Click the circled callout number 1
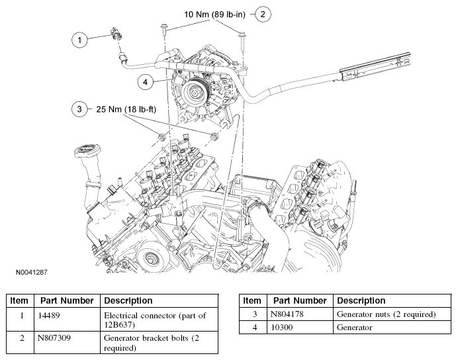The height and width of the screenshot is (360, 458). pyautogui.click(x=79, y=40)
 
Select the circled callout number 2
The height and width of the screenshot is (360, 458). pyautogui.click(x=263, y=14)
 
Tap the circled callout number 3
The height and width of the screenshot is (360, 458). pyautogui.click(x=79, y=109)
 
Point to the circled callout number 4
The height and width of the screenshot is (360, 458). pyautogui.click(x=146, y=82)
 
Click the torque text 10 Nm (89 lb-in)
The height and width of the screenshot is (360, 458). pyautogui.click(x=214, y=15)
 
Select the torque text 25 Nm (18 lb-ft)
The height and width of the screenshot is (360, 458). pyautogui.click(x=126, y=109)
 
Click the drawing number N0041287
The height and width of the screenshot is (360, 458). pyautogui.click(x=31, y=273)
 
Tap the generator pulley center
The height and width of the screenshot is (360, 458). pyautogui.click(x=194, y=93)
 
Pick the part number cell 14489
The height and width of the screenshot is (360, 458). pyautogui.click(x=49, y=316)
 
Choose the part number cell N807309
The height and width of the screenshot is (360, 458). pyautogui.click(x=54, y=338)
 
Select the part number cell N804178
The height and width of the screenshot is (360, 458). pyautogui.click(x=287, y=314)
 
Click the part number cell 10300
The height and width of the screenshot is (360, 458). pyautogui.click(x=282, y=328)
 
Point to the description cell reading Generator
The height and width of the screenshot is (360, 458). pyautogui.click(x=354, y=328)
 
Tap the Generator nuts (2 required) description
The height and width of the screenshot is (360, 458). pyautogui.click(x=386, y=314)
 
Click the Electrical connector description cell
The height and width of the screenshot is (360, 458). pyautogui.click(x=155, y=320)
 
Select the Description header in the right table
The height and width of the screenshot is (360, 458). pyautogui.click(x=361, y=300)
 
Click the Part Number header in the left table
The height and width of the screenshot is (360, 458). pyautogui.click(x=67, y=300)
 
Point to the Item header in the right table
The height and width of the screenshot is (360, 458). pyautogui.click(x=252, y=300)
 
